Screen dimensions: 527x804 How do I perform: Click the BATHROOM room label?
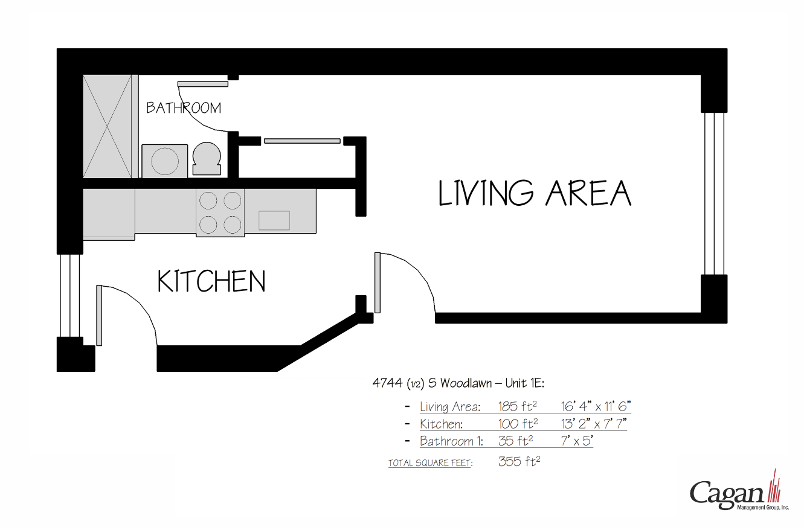[184, 108]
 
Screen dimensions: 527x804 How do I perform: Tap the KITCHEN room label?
[211, 281]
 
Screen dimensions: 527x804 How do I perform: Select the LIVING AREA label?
[535, 193]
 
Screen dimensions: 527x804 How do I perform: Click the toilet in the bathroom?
[206, 159]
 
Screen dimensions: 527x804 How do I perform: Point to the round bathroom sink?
[164, 161]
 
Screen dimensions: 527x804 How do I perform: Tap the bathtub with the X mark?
[107, 126]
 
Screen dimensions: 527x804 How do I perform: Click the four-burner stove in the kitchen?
[220, 212]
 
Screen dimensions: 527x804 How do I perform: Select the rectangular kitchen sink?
[274, 220]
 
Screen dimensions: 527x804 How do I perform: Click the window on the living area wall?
[714, 193]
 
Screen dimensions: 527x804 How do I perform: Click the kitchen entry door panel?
[99, 315]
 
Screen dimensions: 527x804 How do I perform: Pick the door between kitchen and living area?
[378, 283]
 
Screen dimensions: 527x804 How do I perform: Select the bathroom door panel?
[202, 84]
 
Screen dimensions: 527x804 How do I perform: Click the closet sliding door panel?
[302, 141]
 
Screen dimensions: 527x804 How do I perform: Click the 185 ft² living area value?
[518, 406]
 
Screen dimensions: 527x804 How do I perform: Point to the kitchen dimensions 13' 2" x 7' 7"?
[594, 424]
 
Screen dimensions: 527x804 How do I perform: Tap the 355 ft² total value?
[519, 462]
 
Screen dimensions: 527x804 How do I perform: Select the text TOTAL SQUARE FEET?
[430, 463]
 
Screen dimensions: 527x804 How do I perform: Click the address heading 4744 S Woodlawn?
[458, 383]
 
